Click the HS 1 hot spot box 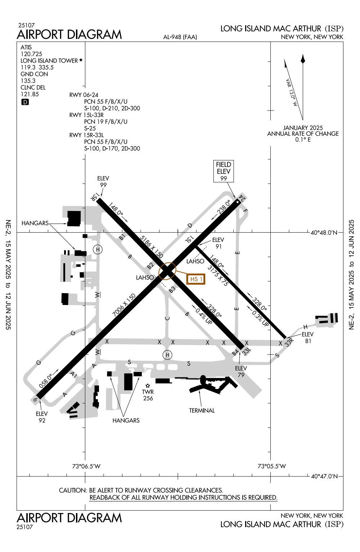point(196,279)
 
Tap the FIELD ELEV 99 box point(223,171)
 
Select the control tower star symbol point(148,386)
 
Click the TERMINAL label point(202,410)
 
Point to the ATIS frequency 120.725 point(31,54)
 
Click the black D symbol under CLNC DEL point(25,102)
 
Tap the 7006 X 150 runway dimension point(124,305)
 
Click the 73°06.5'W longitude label point(86,466)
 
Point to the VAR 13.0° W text point(291,93)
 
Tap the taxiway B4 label point(235,353)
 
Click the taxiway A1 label point(74,375)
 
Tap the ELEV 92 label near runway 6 point(42,417)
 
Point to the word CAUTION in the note point(73,490)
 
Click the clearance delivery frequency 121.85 point(30,94)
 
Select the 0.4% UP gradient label point(204,315)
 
